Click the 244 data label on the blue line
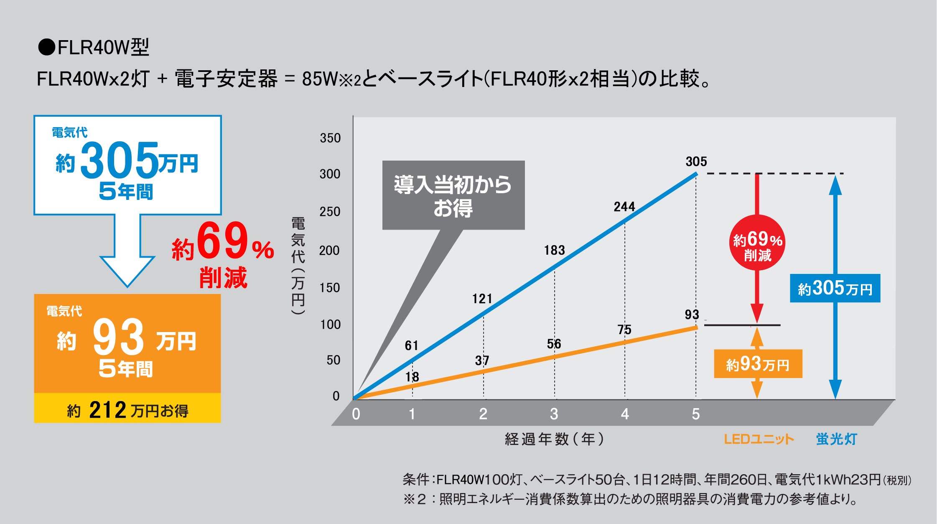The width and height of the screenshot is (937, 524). pos(624,207)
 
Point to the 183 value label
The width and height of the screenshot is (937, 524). pos(554,250)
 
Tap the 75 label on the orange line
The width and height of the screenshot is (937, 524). pos(624,330)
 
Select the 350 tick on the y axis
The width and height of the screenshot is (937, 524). pos(330,138)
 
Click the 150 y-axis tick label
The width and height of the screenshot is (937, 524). pos(330,288)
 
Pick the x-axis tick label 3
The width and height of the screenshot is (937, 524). pos(554,414)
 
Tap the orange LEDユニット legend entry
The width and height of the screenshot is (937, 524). pos(759,439)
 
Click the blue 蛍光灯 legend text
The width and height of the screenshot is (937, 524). pos(836,439)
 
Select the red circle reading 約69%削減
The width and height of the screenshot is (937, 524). pos(757,243)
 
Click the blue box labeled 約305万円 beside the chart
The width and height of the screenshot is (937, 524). pos(835,289)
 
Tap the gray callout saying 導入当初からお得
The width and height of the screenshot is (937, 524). pos(453,195)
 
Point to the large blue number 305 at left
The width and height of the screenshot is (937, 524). pos(120,160)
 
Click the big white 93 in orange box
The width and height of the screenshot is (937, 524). pos(118,337)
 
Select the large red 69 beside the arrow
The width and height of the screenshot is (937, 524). pos(222,241)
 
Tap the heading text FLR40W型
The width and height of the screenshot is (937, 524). pos(102,47)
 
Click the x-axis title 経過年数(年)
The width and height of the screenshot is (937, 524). pos(554,439)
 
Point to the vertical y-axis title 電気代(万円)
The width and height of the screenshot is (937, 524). pos(298,266)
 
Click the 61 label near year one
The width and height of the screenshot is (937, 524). pos(411,345)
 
